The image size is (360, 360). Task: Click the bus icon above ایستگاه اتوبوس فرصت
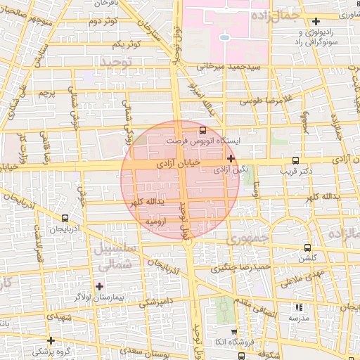click(x=203, y=130)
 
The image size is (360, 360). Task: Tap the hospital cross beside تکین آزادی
click(x=231, y=159)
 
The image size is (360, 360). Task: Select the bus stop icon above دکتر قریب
click(x=295, y=160)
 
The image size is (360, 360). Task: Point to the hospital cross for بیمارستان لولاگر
click(x=99, y=286)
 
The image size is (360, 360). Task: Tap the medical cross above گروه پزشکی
click(x=51, y=340)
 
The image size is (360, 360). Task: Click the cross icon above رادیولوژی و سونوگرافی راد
click(x=316, y=22)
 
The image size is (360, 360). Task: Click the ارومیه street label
click(x=155, y=221)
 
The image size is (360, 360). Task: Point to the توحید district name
click(x=116, y=63)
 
